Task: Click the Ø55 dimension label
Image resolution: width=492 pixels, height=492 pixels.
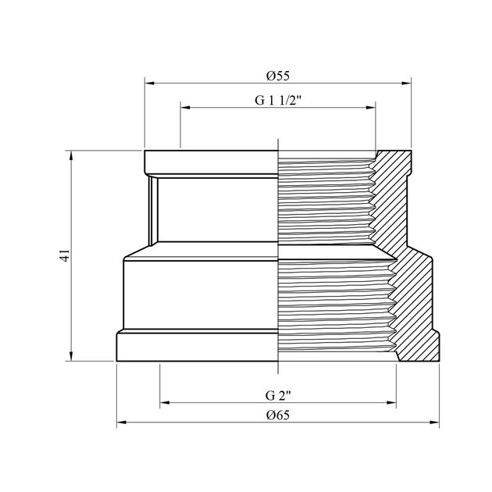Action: tap(278, 76)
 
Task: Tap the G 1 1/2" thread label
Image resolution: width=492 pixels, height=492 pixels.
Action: tap(278, 101)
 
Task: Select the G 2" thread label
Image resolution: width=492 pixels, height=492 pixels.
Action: tap(278, 396)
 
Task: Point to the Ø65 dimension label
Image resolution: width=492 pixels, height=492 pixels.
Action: tap(278, 415)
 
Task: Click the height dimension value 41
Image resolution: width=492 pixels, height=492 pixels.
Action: tap(65, 255)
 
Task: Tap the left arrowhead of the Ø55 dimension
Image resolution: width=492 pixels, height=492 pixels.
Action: tap(149, 83)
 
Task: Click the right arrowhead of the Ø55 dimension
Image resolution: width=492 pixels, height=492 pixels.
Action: tap(406, 83)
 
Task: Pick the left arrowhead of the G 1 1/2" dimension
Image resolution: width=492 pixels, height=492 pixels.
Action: tap(185, 108)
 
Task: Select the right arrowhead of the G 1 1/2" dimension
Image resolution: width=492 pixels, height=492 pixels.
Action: tap(371, 108)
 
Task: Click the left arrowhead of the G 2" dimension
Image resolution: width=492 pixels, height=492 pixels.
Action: tap(165, 402)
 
